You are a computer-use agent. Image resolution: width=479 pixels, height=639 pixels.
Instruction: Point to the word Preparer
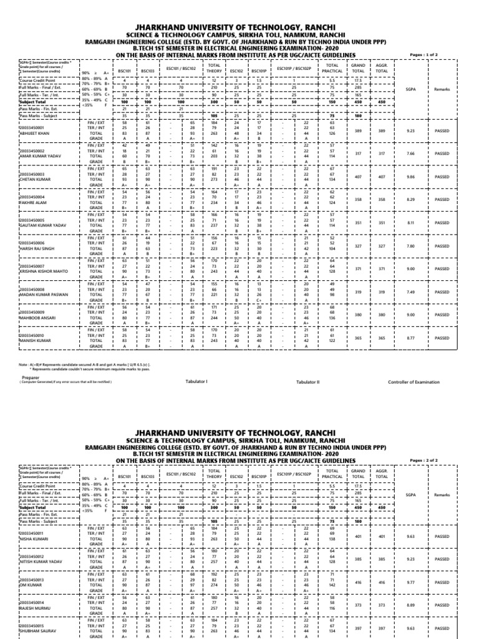tap(31, 378)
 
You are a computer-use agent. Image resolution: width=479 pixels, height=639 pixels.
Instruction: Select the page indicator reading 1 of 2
tap(435, 54)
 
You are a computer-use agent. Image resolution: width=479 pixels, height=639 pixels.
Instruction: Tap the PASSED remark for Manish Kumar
tap(442, 337)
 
